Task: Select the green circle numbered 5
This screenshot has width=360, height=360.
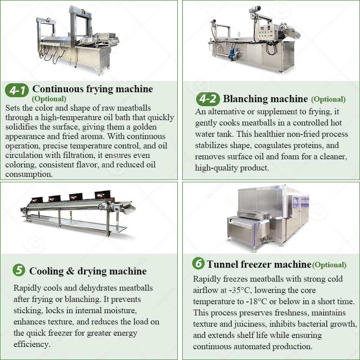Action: tap(18, 270)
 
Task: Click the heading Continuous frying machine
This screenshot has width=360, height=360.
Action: tap(93, 89)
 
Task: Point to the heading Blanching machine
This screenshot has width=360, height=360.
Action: tap(265, 99)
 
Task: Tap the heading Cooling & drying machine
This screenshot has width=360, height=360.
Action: tap(88, 271)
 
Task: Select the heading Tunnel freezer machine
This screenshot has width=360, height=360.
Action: tap(259, 264)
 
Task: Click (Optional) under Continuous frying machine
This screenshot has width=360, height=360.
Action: tap(49, 99)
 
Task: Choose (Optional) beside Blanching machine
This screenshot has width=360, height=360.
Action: tap(328, 99)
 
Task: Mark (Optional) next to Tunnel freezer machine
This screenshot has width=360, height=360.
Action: tap(329, 265)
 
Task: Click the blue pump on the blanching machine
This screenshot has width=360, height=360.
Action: tap(233, 54)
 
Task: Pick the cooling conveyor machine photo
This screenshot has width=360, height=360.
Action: tap(79, 211)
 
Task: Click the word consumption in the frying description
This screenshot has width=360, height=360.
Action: tap(27, 174)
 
